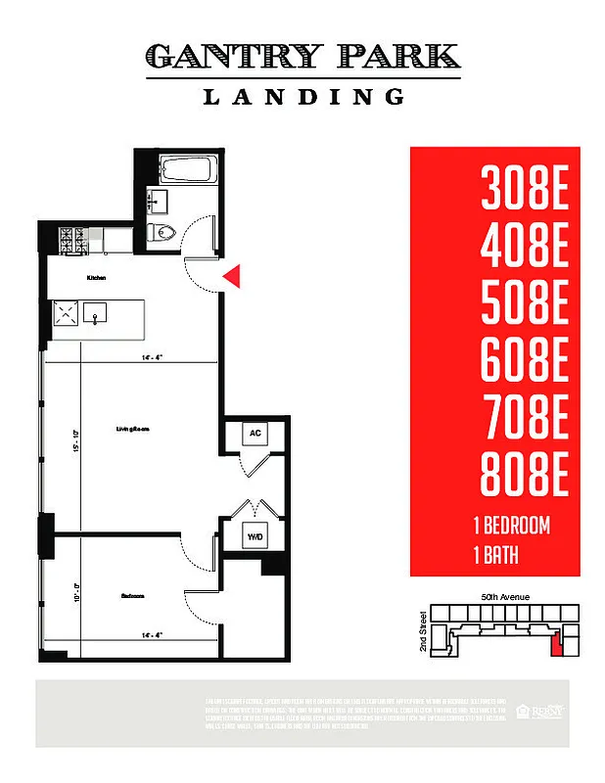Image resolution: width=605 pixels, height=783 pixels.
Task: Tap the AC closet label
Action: tap(255, 433)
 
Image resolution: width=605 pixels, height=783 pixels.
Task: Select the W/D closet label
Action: tap(255, 536)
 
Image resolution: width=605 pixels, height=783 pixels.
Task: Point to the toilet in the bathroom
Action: tap(163, 232)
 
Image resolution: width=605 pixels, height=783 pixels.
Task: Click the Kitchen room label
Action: tap(96, 278)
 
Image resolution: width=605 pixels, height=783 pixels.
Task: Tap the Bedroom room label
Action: tap(133, 595)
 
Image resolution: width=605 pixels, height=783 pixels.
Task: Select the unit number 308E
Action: tap(525, 189)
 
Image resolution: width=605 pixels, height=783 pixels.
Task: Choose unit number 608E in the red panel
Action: tap(525, 362)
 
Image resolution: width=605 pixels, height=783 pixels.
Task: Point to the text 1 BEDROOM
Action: tap(510, 526)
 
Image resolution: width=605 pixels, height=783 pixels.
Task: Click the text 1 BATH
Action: tap(494, 557)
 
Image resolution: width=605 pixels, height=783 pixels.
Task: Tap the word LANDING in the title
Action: tap(302, 97)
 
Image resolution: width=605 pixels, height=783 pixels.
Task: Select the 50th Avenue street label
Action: tap(505, 596)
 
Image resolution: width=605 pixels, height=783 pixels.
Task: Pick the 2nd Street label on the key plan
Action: tap(424, 632)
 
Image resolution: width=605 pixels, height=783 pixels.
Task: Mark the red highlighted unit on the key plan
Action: tap(558, 644)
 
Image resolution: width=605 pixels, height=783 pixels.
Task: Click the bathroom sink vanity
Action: tap(157, 202)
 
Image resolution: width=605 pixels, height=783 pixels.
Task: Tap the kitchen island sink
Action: tap(96, 315)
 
